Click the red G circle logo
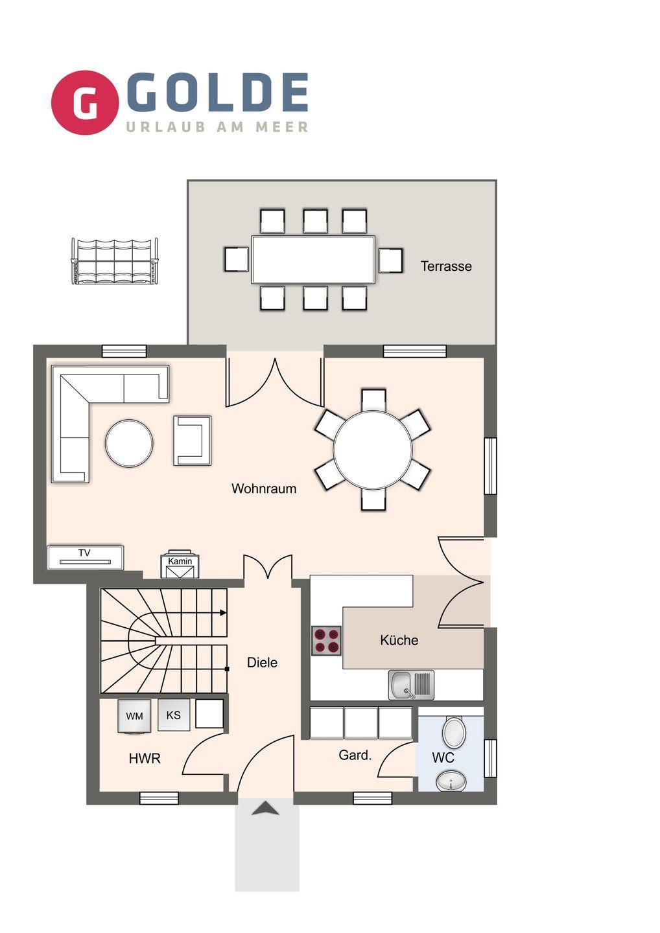point(84,102)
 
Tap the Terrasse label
point(446,266)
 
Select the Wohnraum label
point(264,489)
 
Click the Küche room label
point(399,639)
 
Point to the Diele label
point(262,662)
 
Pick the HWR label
point(145,759)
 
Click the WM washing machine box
point(134,715)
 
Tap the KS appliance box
point(174,715)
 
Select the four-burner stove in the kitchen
point(326,641)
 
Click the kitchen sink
point(411,685)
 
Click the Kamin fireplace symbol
point(180,565)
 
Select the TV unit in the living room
point(86,557)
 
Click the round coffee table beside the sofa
point(129,443)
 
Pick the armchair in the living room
point(192,441)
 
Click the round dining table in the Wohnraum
point(373,450)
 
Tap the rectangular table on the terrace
point(313,259)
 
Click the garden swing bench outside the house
point(115,261)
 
